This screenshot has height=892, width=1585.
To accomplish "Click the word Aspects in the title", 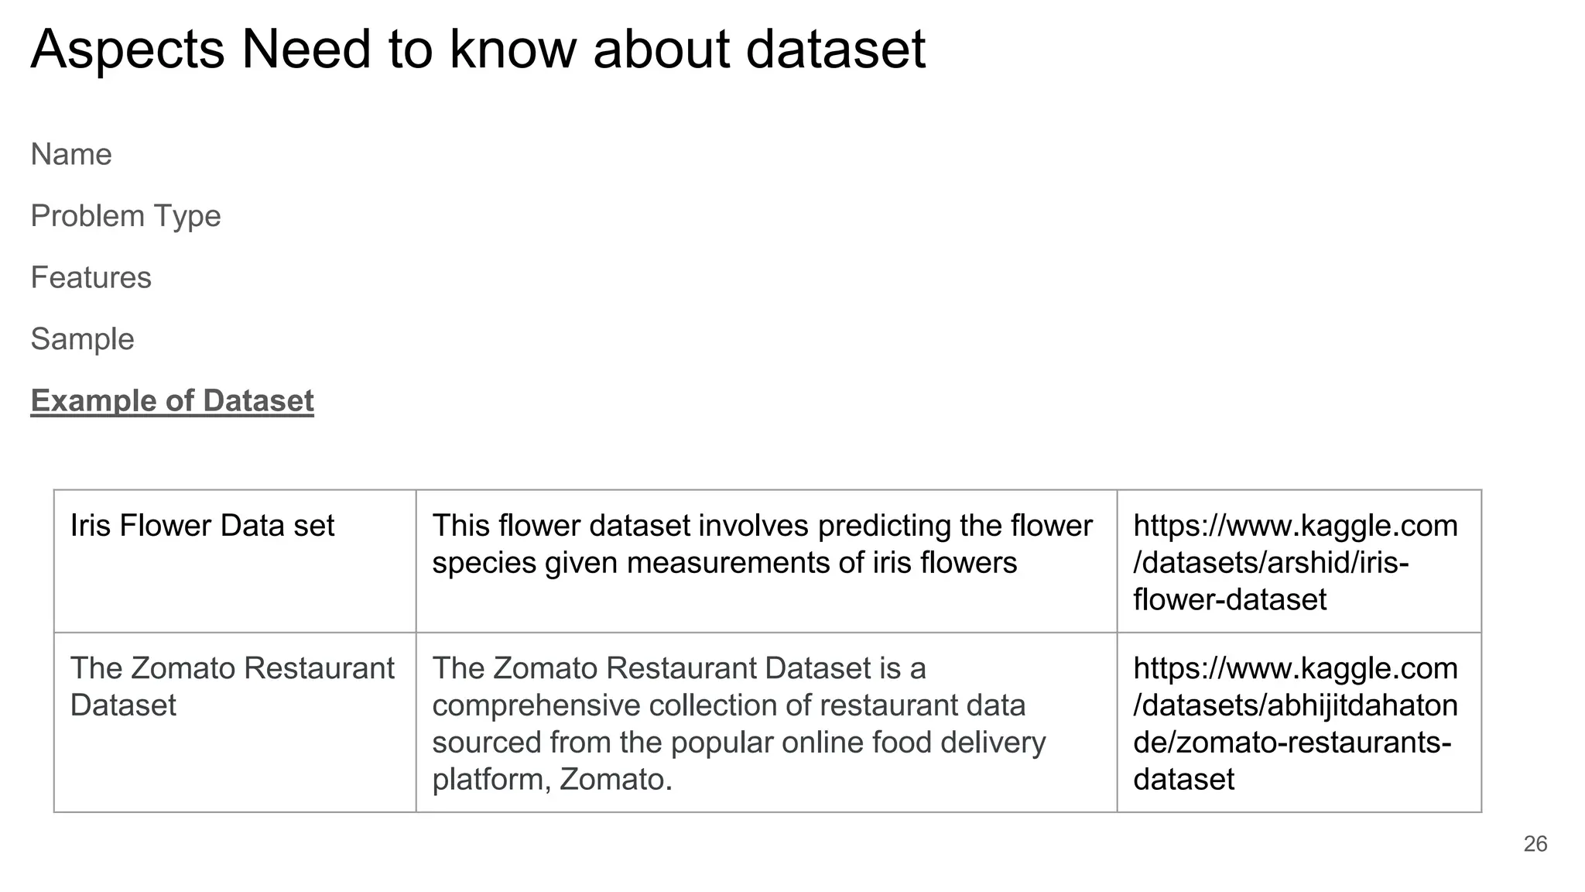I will pyautogui.click(x=128, y=50).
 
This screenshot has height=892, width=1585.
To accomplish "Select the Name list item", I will pyautogui.click(x=71, y=155).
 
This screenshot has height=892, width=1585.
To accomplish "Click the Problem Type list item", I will pyautogui.click(x=125, y=216).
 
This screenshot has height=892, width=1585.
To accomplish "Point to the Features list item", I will pyautogui.click(x=91, y=278).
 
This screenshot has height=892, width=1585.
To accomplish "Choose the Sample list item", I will pyautogui.click(x=82, y=339).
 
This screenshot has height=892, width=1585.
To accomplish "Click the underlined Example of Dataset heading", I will pyautogui.click(x=172, y=401).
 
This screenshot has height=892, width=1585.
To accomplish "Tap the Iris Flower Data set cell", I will pyautogui.click(x=202, y=526).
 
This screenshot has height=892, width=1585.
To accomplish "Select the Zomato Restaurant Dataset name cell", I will pyautogui.click(x=232, y=686).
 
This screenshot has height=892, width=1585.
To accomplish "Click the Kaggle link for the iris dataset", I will pyautogui.click(x=1295, y=562).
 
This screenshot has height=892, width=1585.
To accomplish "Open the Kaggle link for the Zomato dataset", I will pyautogui.click(x=1295, y=723).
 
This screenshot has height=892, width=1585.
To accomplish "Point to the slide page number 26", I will pyautogui.click(x=1535, y=844).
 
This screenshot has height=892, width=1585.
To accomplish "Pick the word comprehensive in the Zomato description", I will pyautogui.click(x=536, y=705).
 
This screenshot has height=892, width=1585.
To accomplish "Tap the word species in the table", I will pyautogui.click(x=484, y=563).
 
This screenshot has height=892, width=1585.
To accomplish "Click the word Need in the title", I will pyautogui.click(x=306, y=50).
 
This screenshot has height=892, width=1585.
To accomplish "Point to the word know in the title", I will pyautogui.click(x=512, y=50).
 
